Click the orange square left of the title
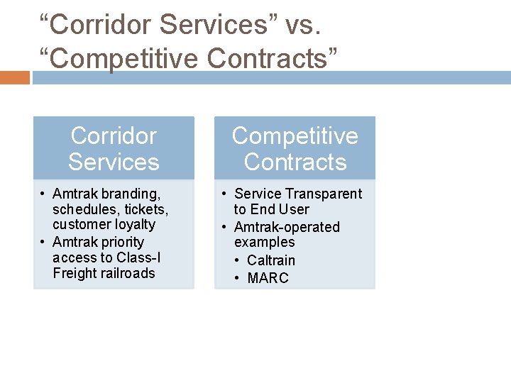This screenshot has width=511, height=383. coord(15,77)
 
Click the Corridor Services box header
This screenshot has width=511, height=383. coord(114,148)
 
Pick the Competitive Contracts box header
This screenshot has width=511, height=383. coord(295,148)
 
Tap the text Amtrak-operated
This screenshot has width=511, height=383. coord(287,227)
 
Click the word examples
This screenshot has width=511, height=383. coord(264,242)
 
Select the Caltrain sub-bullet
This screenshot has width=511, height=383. coord(271,260)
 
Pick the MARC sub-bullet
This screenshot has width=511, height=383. coord(268,278)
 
